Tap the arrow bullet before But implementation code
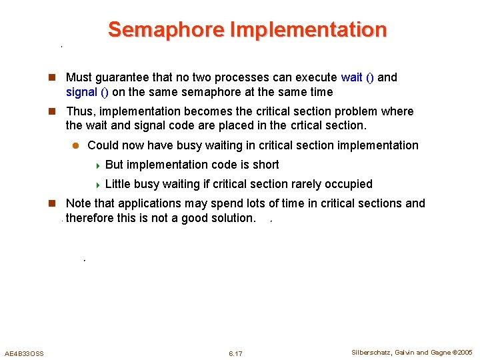pos(97,165)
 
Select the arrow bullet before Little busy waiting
pos(97,185)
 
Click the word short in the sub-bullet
pos(265,165)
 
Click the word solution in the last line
pos(231,218)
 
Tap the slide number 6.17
pos(235,353)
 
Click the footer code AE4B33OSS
pos(24,353)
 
